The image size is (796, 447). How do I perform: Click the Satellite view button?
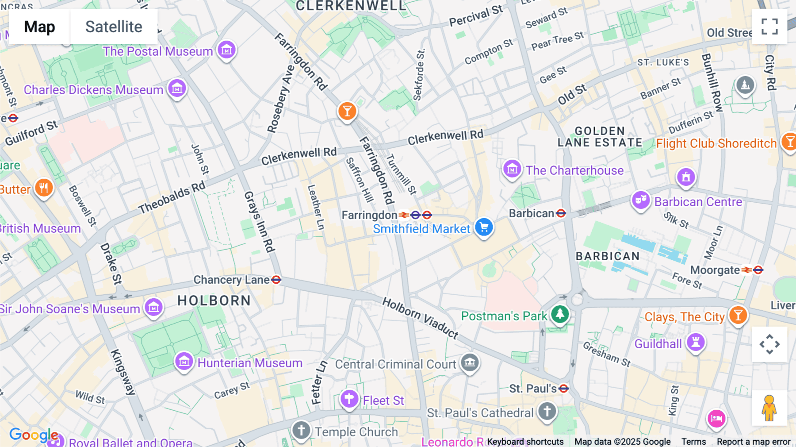(x=114, y=27)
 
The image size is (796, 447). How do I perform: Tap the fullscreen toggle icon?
(x=769, y=27)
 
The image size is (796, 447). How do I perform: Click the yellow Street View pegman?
(x=769, y=408)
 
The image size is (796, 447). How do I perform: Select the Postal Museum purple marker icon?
(x=227, y=50)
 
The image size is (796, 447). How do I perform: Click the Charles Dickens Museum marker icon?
(x=177, y=89)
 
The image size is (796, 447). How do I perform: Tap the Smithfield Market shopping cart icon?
(x=484, y=227)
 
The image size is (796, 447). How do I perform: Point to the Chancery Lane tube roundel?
(x=276, y=280)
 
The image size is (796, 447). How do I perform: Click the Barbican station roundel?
(x=561, y=214)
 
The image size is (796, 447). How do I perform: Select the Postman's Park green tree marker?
(x=560, y=314)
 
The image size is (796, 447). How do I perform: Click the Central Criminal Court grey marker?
(x=470, y=363)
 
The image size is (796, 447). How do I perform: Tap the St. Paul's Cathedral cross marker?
(x=547, y=411)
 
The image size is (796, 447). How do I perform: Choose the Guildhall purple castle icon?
(x=696, y=342)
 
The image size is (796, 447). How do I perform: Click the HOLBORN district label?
(x=214, y=301)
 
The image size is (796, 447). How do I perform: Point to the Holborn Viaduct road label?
(x=420, y=318)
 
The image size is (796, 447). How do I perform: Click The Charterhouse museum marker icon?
(x=512, y=169)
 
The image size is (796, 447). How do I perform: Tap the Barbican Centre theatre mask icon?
(x=641, y=200)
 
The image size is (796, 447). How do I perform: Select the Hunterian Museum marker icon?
(x=184, y=362)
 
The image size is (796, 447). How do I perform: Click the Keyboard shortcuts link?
(x=525, y=442)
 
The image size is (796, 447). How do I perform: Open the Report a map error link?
(x=754, y=442)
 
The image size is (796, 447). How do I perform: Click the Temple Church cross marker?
(x=301, y=430)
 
